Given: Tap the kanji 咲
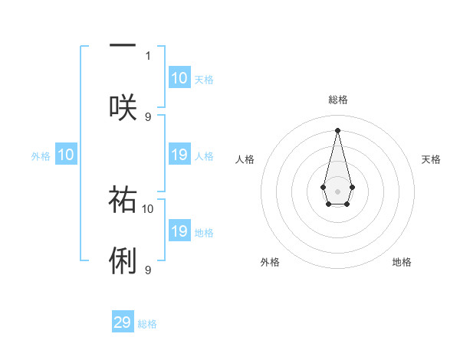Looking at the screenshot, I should [x=123, y=107].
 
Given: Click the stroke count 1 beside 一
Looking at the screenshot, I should [x=148, y=55].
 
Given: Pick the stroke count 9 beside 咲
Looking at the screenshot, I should [x=148, y=116].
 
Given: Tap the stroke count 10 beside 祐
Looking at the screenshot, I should [x=148, y=208].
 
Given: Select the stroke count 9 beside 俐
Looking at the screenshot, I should [x=148, y=270].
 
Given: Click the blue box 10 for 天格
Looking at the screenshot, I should [x=179, y=78].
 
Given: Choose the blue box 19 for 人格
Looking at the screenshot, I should [x=179, y=155].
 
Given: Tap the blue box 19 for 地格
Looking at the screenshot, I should [x=179, y=232].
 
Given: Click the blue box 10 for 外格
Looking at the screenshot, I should [x=66, y=155].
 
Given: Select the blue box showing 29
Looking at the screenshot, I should [x=123, y=322].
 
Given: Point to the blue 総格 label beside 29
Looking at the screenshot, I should [x=147, y=324].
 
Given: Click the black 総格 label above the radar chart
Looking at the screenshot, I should [x=338, y=100].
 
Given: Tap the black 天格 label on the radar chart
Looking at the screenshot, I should [x=431, y=159].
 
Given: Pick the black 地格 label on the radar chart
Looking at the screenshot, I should [x=402, y=262].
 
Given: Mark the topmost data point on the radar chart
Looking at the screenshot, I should [x=338, y=130].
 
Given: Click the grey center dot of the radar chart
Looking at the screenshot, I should [x=338, y=190].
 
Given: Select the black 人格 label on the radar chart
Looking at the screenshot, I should [x=245, y=159].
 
